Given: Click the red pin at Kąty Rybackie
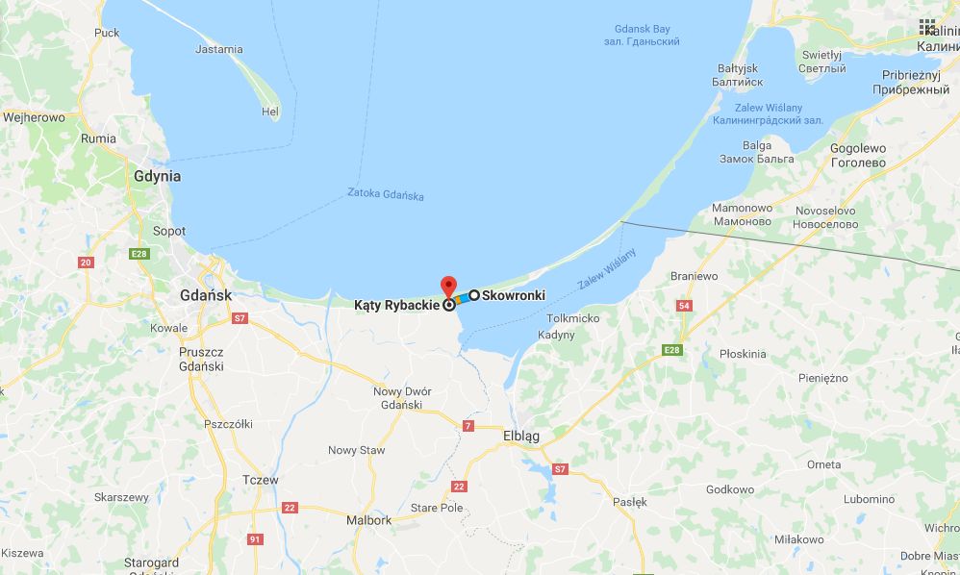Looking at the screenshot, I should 448,286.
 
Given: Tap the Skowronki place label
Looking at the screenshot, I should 513,295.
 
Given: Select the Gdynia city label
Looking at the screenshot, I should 157,177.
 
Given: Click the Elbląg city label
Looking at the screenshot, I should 521,436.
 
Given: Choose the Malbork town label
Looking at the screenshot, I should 368,520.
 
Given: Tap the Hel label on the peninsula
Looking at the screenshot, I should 270,112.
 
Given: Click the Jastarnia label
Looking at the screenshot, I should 218,49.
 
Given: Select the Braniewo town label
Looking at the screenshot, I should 695,276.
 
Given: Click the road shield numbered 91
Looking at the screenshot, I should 255,539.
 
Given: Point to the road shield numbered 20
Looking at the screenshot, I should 87,262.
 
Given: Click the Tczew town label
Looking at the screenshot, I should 261,480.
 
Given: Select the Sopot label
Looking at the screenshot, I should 169,232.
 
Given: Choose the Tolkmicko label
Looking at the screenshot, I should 572,318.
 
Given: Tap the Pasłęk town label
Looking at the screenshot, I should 630,502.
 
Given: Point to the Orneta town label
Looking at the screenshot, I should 823,464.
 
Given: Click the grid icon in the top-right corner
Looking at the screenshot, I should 927,27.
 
